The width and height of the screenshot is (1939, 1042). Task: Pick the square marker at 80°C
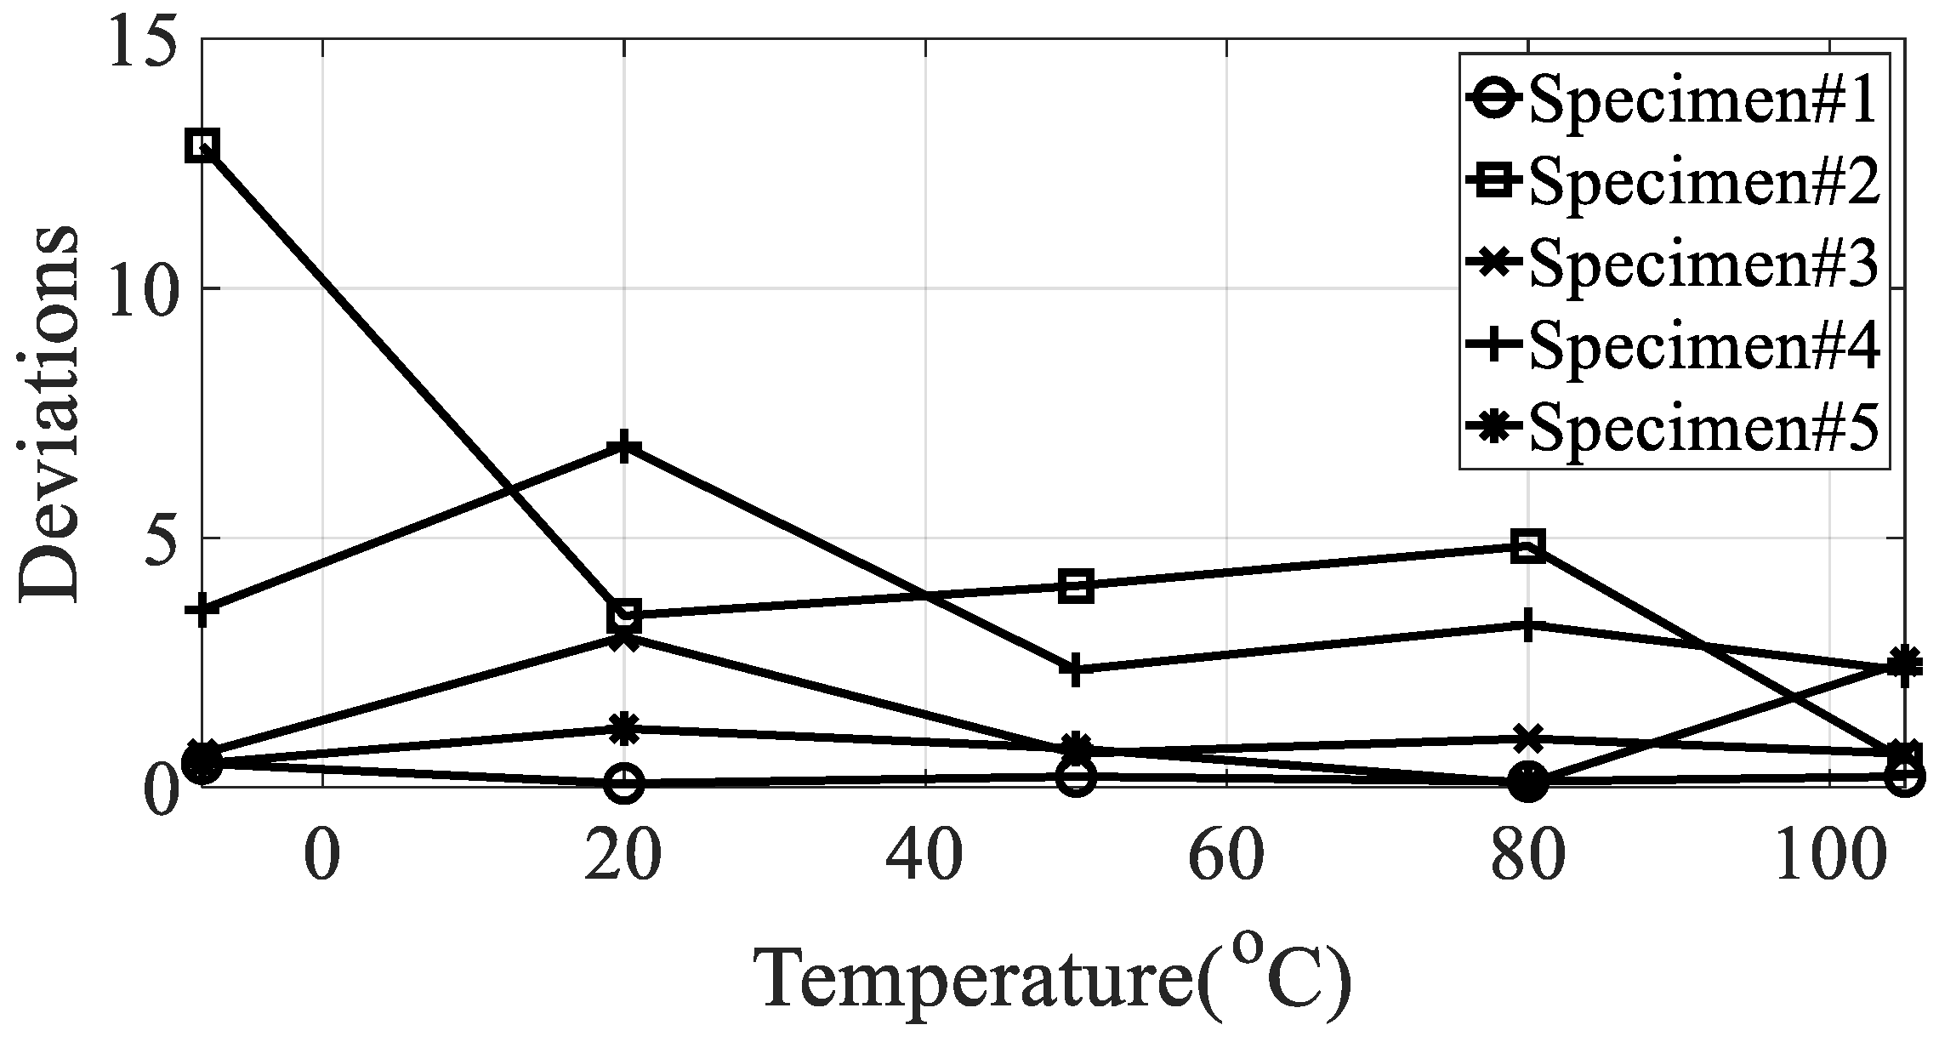click(1527, 546)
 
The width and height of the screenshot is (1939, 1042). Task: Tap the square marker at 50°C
click(1076, 586)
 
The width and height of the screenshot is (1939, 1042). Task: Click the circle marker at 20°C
click(623, 783)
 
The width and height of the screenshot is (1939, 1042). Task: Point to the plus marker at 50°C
click(1076, 669)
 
